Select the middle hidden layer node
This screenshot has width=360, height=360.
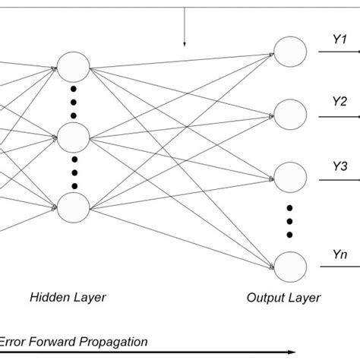click(x=74, y=137)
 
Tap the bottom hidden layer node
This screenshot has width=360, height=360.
click(x=74, y=208)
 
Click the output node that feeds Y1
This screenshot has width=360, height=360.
click(x=289, y=52)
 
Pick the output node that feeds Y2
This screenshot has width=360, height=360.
click(x=289, y=114)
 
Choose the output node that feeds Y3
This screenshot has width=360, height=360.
click(x=289, y=177)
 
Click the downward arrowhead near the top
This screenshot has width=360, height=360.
click(x=183, y=45)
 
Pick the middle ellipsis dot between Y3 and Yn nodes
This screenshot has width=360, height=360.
click(x=289, y=220)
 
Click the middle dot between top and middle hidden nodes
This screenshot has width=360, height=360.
click(x=74, y=101)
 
